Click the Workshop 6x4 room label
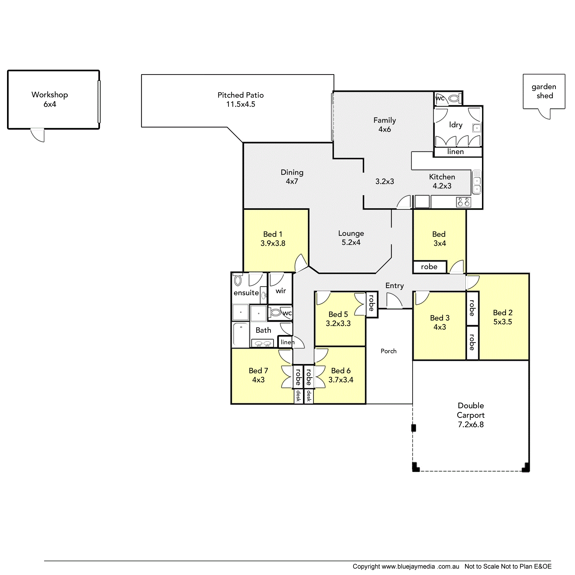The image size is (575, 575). pyautogui.click(x=50, y=99)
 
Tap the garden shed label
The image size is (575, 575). pyautogui.click(x=544, y=91)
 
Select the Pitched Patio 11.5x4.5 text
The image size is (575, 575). pyautogui.click(x=241, y=99)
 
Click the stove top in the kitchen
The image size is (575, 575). pyautogui.click(x=463, y=202)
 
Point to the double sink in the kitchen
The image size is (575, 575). pyautogui.click(x=477, y=182)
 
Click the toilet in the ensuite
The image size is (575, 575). pyautogui.click(x=238, y=280)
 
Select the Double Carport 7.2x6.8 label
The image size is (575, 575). pyautogui.click(x=471, y=415)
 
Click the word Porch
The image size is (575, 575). pyautogui.click(x=388, y=351)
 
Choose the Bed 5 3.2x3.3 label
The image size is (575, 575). pyautogui.click(x=338, y=319)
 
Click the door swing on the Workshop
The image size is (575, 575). pyautogui.click(x=37, y=135)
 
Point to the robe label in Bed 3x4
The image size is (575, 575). pyautogui.click(x=429, y=267)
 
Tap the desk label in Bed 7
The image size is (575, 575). pyautogui.click(x=298, y=396)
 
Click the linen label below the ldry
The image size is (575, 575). pyautogui.click(x=455, y=152)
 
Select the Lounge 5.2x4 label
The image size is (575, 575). pyautogui.click(x=351, y=238)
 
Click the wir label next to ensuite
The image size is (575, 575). pyautogui.click(x=281, y=291)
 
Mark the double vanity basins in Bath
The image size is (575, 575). pyautogui.click(x=263, y=344)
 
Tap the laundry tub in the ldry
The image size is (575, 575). pyautogui.click(x=477, y=128)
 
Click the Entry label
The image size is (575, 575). pyautogui.click(x=394, y=286)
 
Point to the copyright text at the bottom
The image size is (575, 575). pyautogui.click(x=452, y=566)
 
